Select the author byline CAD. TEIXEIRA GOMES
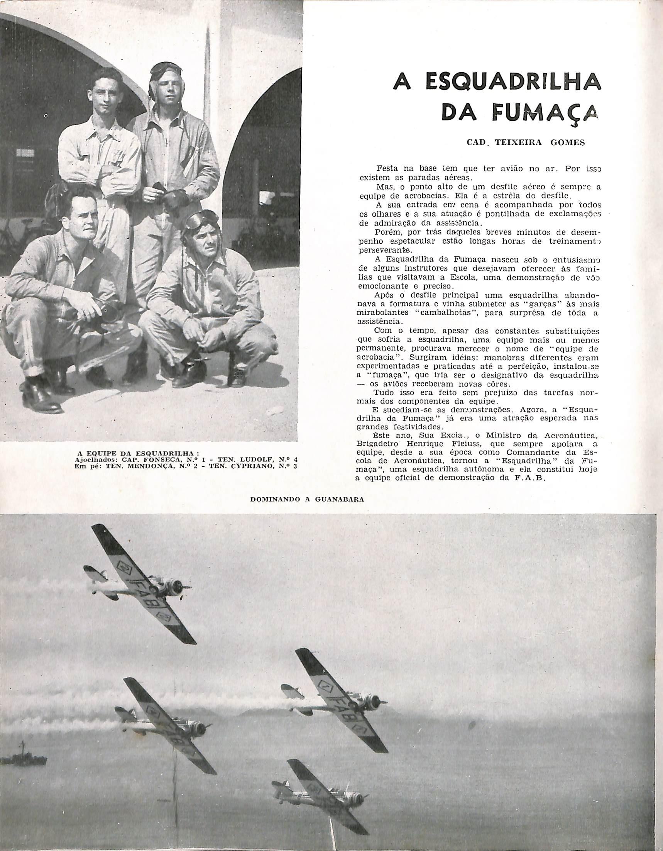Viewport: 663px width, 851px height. (526, 142)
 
